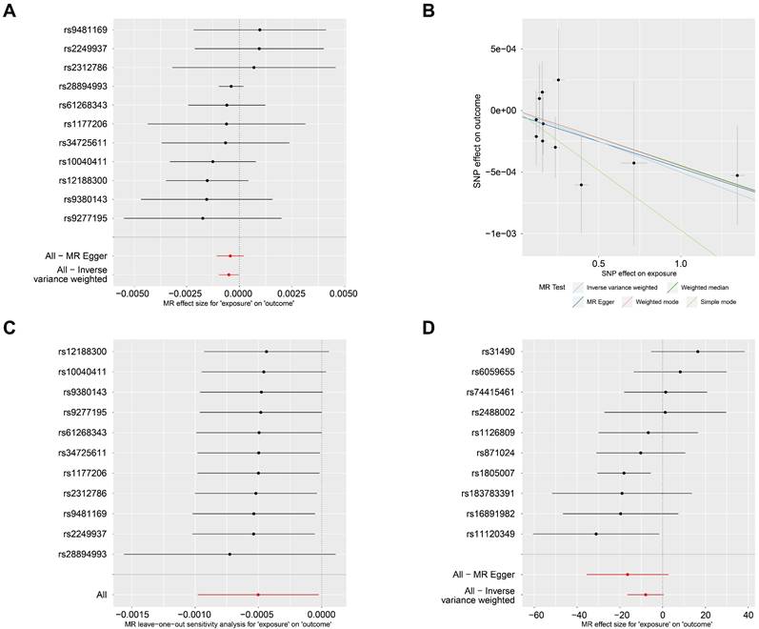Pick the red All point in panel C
coord(258,595)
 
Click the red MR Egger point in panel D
coord(628,575)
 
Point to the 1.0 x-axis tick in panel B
coord(681,262)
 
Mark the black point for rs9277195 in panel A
coord(203,217)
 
